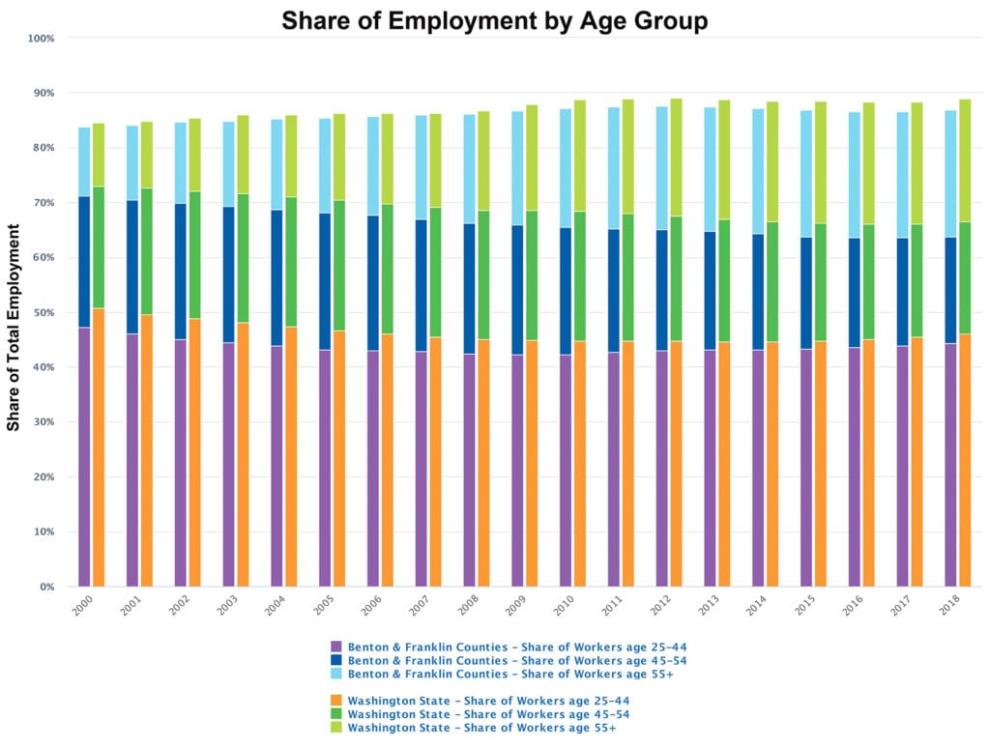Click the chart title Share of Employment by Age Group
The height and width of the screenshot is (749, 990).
pos(494,21)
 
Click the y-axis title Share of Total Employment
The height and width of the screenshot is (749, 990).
pos(14,327)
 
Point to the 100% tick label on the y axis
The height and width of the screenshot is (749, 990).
pos(42,39)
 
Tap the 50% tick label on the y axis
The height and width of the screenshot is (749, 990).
pos(44,313)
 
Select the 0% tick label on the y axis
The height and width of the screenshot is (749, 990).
pos(46,588)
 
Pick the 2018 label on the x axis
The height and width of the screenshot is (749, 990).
pos(949,606)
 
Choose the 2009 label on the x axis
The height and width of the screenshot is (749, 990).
pos(516,606)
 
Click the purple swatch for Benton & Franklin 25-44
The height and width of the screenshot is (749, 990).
pos(336,646)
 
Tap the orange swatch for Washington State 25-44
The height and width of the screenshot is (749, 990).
pos(336,699)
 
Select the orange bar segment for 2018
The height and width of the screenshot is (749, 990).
pos(964,460)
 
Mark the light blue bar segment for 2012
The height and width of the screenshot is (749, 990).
pos(661,168)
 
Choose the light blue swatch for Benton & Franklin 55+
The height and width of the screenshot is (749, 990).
pos(336,673)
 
